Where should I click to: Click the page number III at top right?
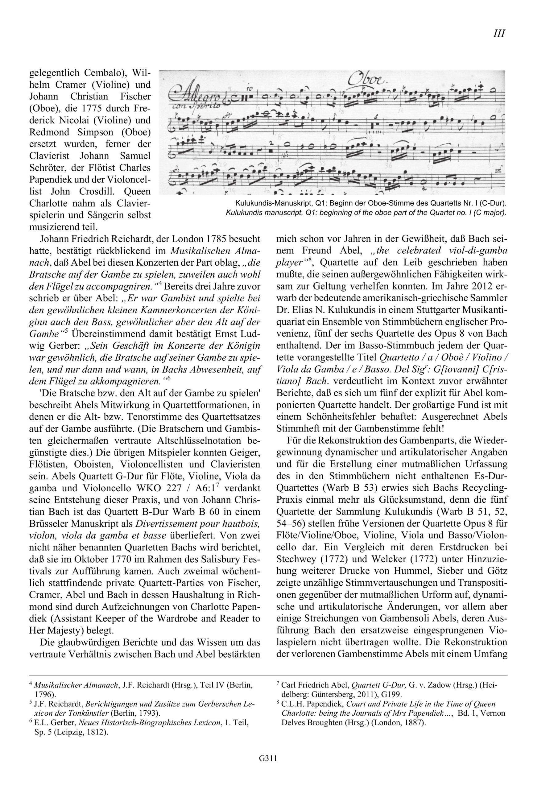pyautogui.click(x=499, y=33)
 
